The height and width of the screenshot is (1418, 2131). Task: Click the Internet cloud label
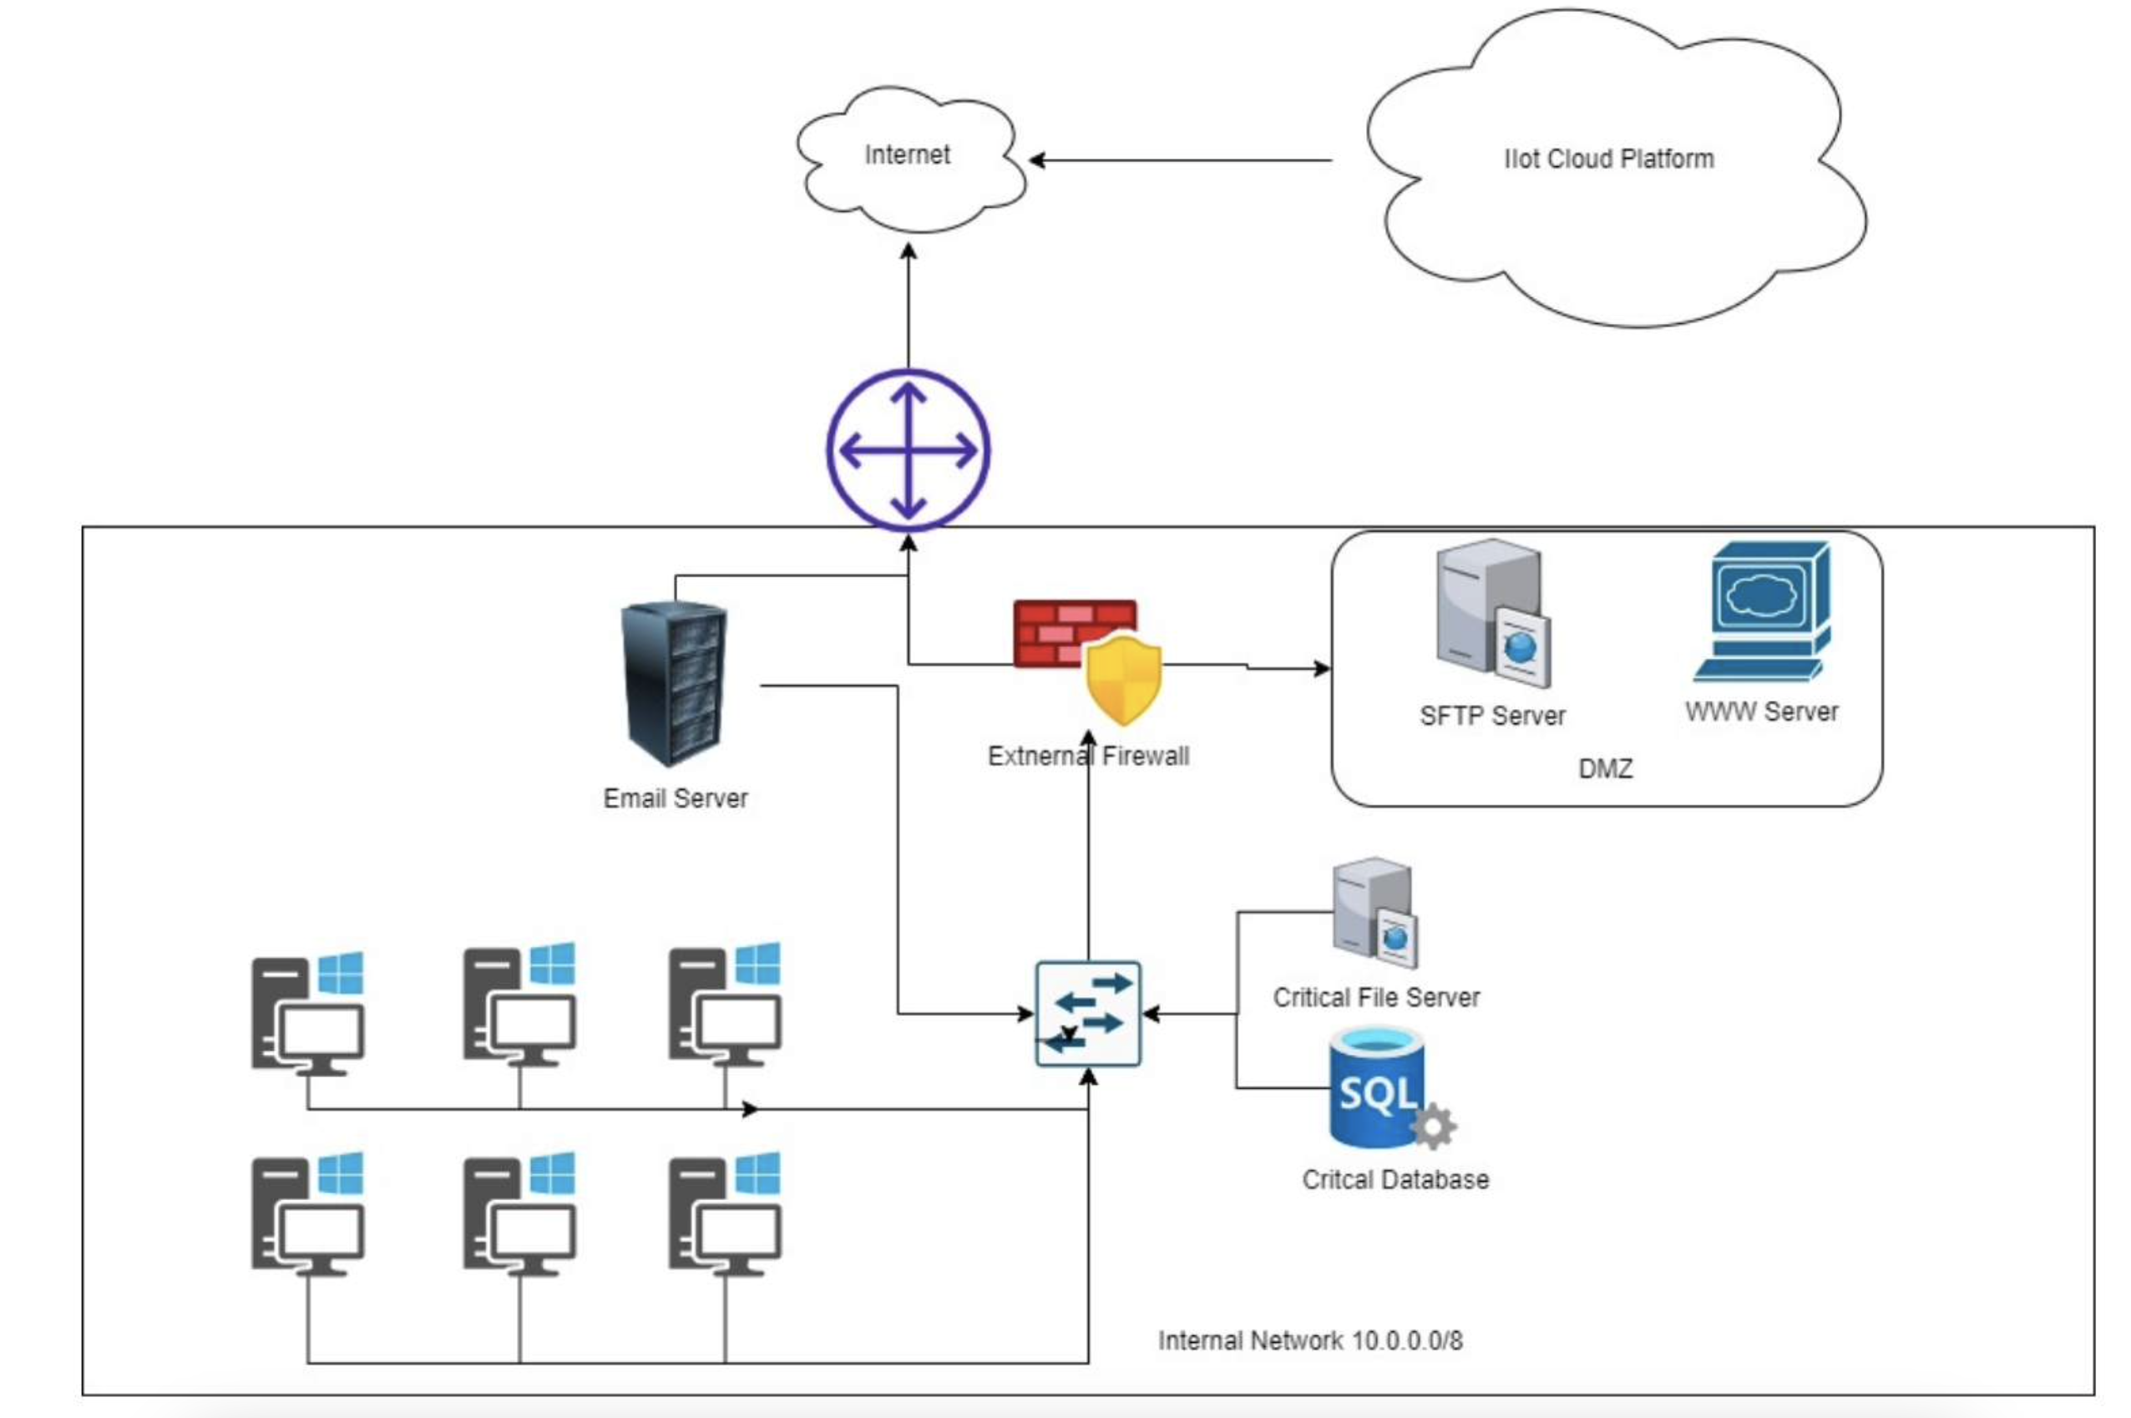pos(907,154)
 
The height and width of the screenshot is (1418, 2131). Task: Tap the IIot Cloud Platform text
pos(1607,160)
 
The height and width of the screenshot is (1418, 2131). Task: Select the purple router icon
pos(908,449)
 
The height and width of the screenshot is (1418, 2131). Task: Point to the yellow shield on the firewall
pos(1123,678)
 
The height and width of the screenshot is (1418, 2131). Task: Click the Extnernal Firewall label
pos(1088,756)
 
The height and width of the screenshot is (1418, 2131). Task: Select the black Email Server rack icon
pos(675,683)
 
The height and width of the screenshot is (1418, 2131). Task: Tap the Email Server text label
pos(676,798)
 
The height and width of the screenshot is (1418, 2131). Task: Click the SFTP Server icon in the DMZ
pos(1492,613)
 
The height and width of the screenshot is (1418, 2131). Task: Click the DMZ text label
pos(1605,768)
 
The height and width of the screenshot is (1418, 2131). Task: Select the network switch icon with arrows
pos(1088,1014)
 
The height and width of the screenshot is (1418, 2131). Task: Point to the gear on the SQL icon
pos(1432,1127)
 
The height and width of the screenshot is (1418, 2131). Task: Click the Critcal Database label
pos(1395,1179)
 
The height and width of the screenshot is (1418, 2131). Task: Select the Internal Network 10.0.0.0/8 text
pos(1310,1340)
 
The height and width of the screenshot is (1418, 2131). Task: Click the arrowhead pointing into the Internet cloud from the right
pos(1036,161)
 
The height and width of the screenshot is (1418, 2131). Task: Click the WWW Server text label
pos(1761,712)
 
